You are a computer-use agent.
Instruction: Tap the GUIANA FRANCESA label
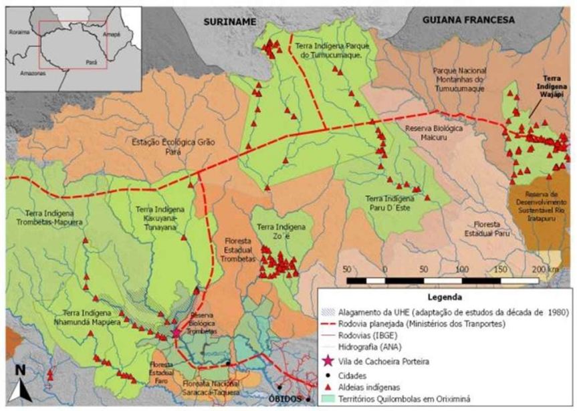[468, 20]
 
